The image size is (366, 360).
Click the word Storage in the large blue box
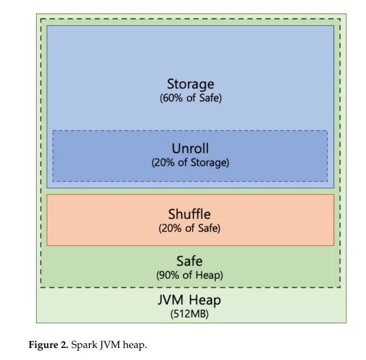[x=190, y=84]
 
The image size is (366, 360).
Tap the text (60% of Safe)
[x=191, y=98]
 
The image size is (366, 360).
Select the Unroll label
[x=190, y=148]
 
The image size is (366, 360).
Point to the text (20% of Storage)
[x=190, y=163]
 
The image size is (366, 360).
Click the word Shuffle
[x=190, y=214]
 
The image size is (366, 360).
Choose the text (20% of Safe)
[x=190, y=228]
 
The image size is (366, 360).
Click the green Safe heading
[x=189, y=261]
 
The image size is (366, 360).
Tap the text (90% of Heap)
[x=190, y=275]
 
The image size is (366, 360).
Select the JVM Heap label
[x=189, y=300]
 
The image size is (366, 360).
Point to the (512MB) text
[x=189, y=314]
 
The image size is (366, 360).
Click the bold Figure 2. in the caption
[x=48, y=345]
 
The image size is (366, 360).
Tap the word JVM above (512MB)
[x=170, y=300]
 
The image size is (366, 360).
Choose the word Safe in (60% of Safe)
[x=209, y=98]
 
